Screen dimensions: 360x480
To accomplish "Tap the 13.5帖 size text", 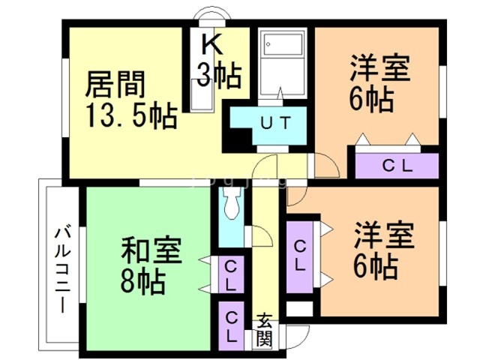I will pyautogui.click(x=130, y=116).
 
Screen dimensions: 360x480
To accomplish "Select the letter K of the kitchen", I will pyautogui.click(x=212, y=44).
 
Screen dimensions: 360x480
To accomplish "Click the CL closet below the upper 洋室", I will pyautogui.click(x=397, y=166).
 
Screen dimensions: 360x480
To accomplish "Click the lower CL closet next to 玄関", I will pyautogui.click(x=232, y=325).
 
